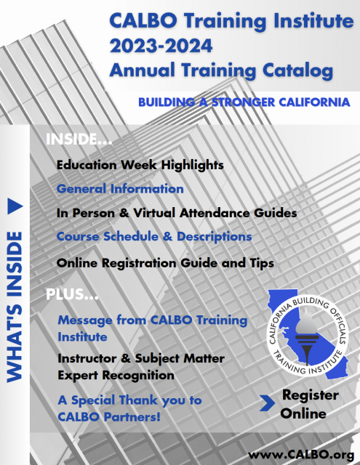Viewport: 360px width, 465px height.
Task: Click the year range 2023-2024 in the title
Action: click(161, 46)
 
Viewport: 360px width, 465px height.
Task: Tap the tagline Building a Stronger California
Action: click(244, 102)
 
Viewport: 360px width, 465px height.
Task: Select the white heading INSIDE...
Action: click(79, 139)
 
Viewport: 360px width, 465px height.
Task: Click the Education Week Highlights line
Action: click(140, 165)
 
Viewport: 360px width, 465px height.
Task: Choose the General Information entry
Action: click(120, 189)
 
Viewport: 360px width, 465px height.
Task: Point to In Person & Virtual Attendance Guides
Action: click(177, 213)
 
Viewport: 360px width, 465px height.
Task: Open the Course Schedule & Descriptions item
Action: click(154, 237)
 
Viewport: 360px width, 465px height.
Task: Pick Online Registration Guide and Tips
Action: click(165, 263)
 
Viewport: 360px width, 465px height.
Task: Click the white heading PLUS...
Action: click(72, 294)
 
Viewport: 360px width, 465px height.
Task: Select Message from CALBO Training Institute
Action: click(152, 328)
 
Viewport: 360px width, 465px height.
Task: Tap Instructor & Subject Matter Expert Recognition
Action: click(141, 367)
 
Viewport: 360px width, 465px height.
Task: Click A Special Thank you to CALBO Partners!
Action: click(129, 408)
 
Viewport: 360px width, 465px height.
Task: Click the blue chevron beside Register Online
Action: click(267, 403)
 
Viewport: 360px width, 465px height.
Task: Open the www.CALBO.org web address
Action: click(301, 455)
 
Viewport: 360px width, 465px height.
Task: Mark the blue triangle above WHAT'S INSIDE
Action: click(15, 206)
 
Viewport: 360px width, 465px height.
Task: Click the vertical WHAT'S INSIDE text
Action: click(15, 307)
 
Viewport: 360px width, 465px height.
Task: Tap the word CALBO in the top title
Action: click(143, 21)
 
